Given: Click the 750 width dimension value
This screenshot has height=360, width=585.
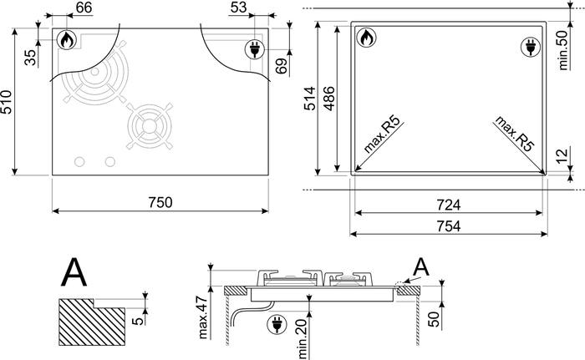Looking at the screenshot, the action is tap(160, 202).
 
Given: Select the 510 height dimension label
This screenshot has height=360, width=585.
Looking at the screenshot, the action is tap(7, 102).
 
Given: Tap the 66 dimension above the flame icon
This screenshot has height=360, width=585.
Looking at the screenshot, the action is tap(84, 7).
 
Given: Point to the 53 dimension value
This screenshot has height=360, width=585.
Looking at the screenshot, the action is tap(238, 7).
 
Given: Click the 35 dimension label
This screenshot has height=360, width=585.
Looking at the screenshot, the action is tap(31, 57).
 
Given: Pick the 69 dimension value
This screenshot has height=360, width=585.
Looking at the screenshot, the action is tap(282, 66).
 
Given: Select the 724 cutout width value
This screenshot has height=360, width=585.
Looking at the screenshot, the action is tap(449, 205).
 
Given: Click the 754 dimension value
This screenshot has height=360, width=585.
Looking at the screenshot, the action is tap(449, 226).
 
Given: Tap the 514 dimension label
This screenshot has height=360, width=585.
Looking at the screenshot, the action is tap(310, 99).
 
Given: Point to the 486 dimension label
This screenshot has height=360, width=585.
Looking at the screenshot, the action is tap(329, 99).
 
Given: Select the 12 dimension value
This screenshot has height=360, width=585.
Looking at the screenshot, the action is tap(562, 155).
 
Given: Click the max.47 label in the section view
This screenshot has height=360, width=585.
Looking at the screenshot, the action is tap(203, 317).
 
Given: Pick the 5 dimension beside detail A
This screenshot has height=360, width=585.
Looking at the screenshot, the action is tap(139, 321).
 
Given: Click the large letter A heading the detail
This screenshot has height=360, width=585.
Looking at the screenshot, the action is tap(74, 271).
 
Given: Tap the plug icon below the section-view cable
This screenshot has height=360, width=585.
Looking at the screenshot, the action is tap(277, 324).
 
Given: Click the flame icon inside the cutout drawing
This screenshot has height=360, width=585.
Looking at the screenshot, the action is tap(366, 38).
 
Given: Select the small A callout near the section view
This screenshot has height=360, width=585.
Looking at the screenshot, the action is tap(421, 266).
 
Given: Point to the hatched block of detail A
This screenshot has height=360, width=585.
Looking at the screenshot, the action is tap(91, 322).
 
